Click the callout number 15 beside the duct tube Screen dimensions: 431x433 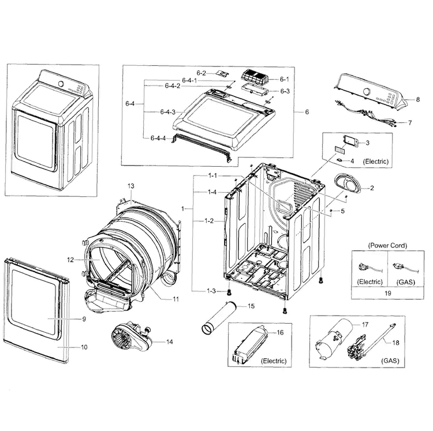click(x=251, y=306)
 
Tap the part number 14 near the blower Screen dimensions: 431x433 click(x=170, y=342)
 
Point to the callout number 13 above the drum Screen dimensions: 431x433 click(x=130, y=186)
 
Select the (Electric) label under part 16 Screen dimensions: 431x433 click(x=274, y=361)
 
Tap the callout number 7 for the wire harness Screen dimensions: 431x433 click(x=409, y=123)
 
